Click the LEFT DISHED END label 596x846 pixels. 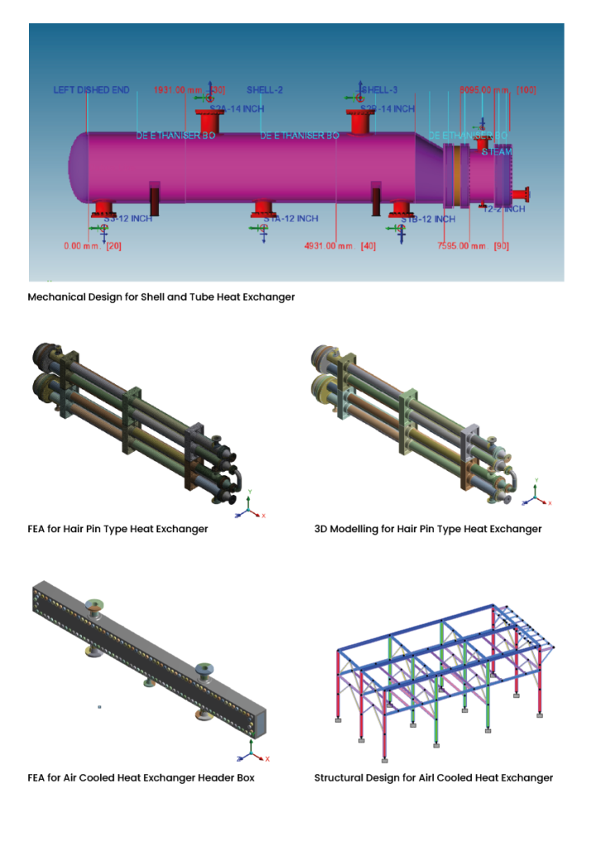point(91,90)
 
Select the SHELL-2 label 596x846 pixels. point(265,90)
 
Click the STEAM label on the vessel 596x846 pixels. point(497,152)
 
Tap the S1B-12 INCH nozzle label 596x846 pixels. point(427,219)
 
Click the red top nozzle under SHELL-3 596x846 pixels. point(360,121)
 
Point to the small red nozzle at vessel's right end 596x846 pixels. point(520,194)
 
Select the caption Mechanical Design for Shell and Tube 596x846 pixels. point(161,297)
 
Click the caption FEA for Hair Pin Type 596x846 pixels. point(117,529)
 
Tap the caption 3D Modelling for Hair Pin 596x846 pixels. point(427,529)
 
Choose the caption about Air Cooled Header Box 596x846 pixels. point(141,777)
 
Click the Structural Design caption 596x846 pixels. point(433,777)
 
